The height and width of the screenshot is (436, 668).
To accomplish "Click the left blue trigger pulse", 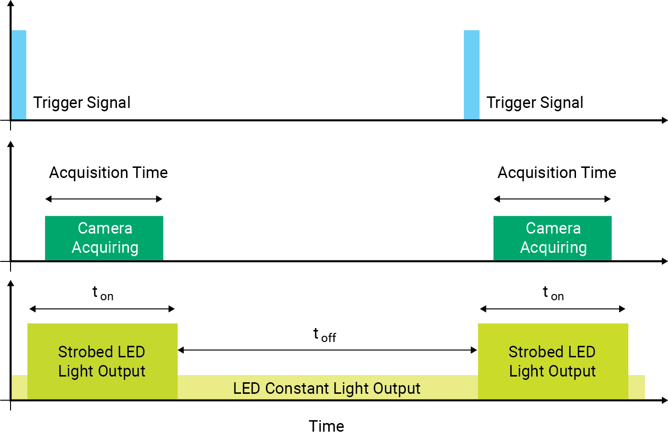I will tap(18, 75).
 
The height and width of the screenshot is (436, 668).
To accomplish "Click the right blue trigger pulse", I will tap(472, 75).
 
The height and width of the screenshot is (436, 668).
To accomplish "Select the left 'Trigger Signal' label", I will tap(81, 103).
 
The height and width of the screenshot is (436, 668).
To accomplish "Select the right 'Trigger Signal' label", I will tap(535, 103).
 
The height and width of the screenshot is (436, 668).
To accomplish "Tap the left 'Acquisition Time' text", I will tap(108, 173).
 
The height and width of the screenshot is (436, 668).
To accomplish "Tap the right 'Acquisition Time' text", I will tap(557, 173).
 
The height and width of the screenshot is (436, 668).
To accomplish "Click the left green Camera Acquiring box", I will tap(104, 238).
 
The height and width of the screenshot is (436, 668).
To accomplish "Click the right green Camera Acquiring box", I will tap(553, 238).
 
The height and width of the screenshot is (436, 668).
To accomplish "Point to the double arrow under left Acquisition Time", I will tap(104, 199).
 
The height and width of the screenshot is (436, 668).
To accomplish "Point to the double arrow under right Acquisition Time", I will tap(553, 199).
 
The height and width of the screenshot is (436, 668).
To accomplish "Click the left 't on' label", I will tap(103, 293).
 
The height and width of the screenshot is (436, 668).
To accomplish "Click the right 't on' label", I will tap(553, 293).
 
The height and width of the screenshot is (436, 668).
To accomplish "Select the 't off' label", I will tap(324, 334).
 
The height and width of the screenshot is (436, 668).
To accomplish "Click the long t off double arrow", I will tap(327, 350).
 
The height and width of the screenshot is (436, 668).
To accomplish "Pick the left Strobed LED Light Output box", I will tap(102, 361).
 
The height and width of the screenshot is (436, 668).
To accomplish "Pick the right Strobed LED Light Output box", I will tap(553, 361).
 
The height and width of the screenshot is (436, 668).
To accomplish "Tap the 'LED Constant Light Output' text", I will tap(326, 389).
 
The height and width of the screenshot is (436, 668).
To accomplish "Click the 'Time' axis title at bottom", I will tap(326, 426).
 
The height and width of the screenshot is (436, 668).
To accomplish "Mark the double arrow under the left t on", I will tap(102, 309).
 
